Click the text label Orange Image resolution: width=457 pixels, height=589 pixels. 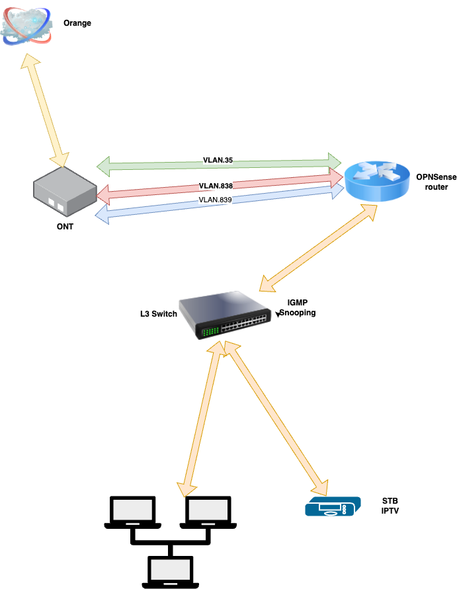pyautogui.click(x=77, y=24)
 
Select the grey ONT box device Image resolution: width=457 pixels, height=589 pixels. pyautogui.click(x=64, y=192)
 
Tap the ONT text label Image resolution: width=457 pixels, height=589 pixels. pyautogui.click(x=65, y=227)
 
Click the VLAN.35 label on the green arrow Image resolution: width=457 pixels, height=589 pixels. pyautogui.click(x=219, y=160)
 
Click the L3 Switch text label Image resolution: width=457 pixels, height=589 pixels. pyautogui.click(x=159, y=313)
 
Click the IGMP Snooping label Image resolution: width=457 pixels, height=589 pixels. pyautogui.click(x=298, y=308)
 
